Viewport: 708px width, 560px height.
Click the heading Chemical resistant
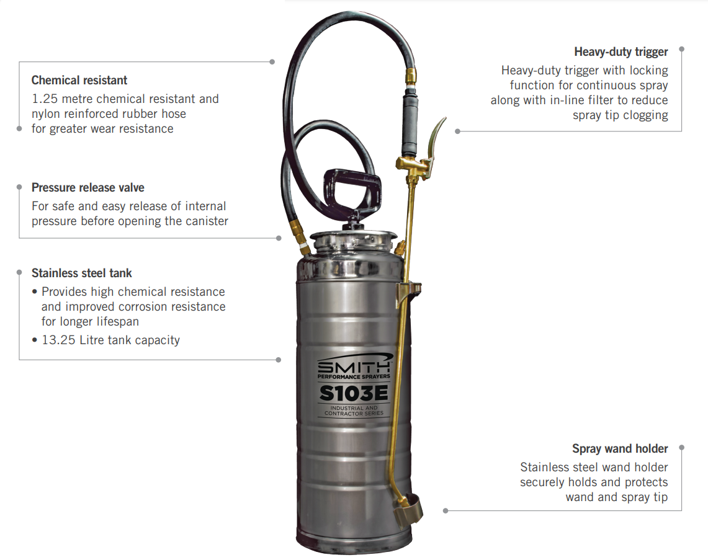(x=79, y=80)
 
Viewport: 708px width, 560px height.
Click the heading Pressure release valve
(x=88, y=187)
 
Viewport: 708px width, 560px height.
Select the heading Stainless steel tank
(x=82, y=273)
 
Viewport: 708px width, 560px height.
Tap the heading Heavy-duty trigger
(x=621, y=51)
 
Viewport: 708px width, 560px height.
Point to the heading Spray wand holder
(x=620, y=448)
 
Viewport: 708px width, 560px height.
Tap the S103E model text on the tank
(x=354, y=393)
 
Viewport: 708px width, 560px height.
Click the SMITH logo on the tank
(x=354, y=367)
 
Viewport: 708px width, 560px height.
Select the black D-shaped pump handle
(x=351, y=189)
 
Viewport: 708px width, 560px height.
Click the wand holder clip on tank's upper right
(x=410, y=290)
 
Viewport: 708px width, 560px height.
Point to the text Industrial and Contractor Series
(x=354, y=411)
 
